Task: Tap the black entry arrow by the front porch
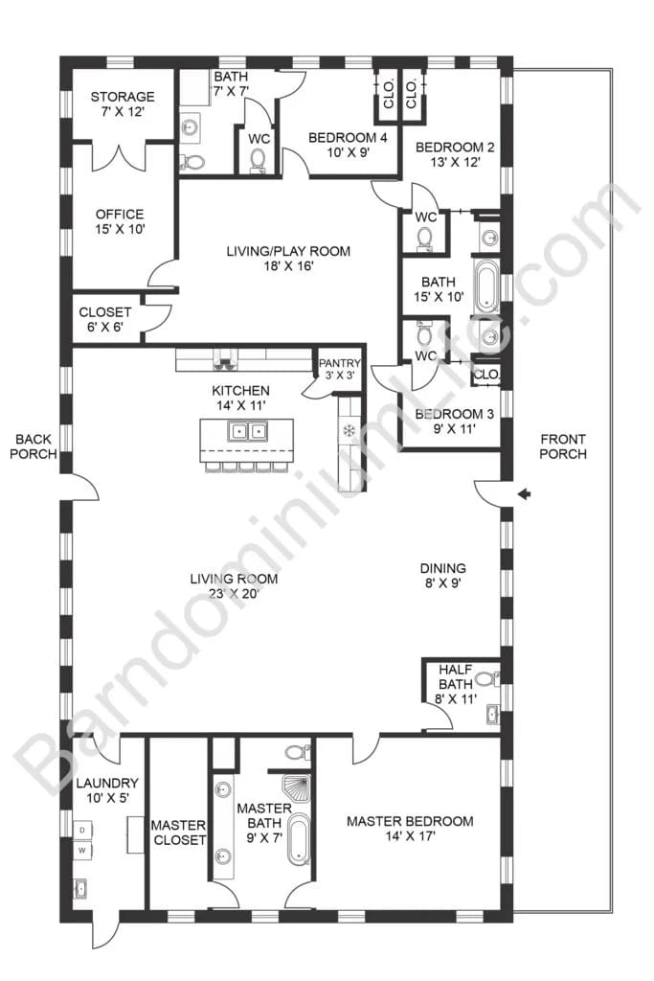click(x=524, y=493)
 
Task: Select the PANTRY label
click(x=339, y=363)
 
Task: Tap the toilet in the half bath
click(x=485, y=680)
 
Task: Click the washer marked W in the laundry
click(x=82, y=850)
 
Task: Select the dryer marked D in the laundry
click(x=82, y=829)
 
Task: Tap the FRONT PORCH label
click(x=563, y=446)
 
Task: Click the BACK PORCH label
click(x=34, y=446)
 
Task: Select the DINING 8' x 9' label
click(x=441, y=576)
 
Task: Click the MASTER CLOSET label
click(x=179, y=833)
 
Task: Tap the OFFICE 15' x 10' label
click(x=120, y=221)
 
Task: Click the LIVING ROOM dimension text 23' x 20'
click(x=233, y=594)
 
